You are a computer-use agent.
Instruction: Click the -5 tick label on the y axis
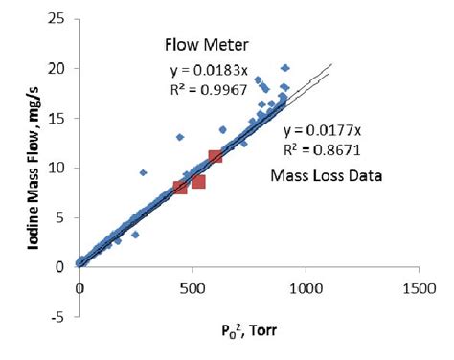(x=58, y=317)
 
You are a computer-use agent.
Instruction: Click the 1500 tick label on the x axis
(x=419, y=286)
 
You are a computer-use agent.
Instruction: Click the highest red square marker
(x=216, y=156)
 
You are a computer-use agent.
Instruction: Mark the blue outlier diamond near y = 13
(x=180, y=137)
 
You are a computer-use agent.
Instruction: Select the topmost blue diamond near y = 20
(x=284, y=68)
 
